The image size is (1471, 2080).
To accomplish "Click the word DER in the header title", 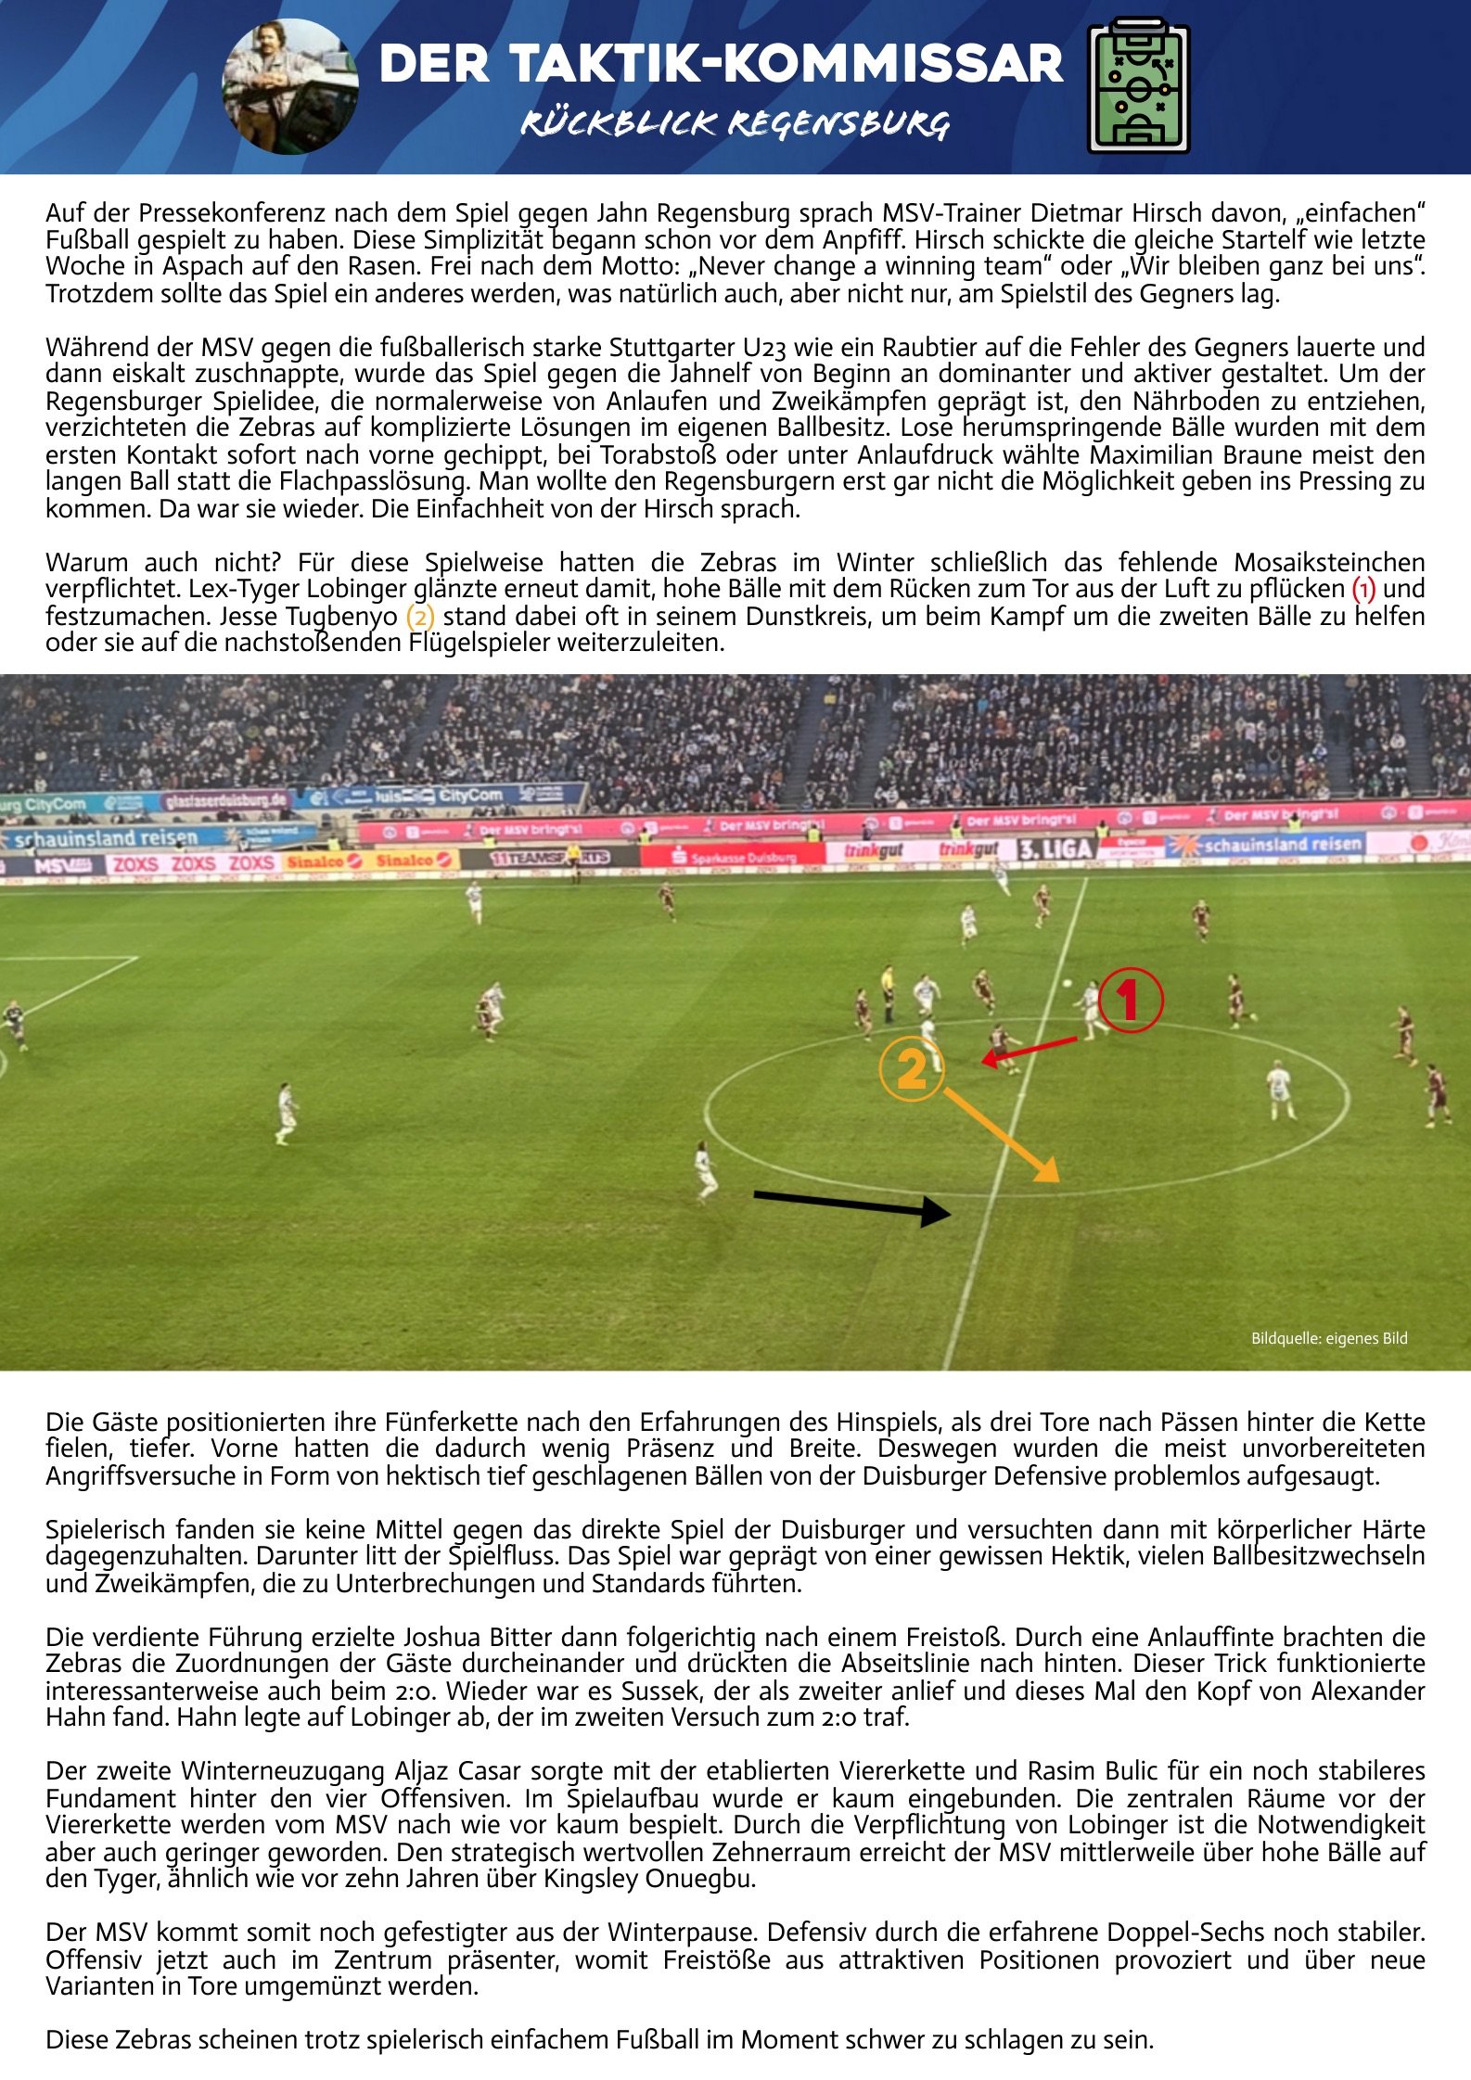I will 434,64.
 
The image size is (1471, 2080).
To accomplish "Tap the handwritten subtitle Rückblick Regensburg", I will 735,122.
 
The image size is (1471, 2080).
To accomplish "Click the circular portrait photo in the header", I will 290,86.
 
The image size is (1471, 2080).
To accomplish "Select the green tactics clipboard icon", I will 1138,85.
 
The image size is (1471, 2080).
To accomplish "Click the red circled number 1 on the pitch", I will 1130,1000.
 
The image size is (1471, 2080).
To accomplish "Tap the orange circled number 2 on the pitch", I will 911,1068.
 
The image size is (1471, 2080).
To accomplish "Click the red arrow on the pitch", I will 1029,1051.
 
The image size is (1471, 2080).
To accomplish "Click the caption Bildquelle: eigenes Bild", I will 1328,1338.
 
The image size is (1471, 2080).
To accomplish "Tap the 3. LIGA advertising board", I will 1055,849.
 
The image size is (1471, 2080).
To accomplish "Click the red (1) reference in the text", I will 1362,589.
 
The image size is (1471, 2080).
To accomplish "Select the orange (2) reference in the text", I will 420,616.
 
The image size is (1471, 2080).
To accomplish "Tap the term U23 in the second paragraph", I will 765,347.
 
